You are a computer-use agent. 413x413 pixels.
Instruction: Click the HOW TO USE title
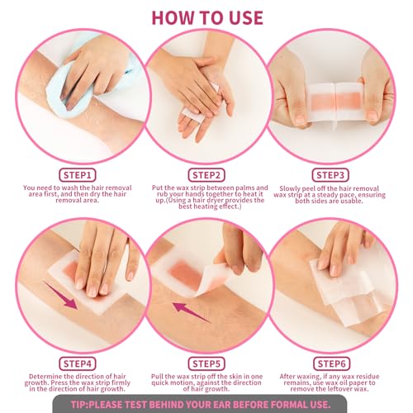[x=206, y=17]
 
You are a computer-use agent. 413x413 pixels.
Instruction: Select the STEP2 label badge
[x=207, y=175]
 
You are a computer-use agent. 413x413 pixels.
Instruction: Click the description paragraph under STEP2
[x=207, y=199]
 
